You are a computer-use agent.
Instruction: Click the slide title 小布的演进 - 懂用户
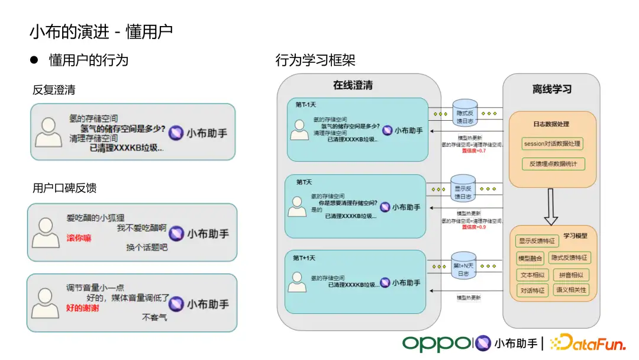click(x=101, y=31)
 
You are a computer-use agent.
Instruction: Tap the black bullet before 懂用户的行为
click(x=34, y=60)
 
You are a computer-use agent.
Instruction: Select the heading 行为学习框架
click(x=315, y=60)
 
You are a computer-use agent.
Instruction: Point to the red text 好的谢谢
click(x=82, y=308)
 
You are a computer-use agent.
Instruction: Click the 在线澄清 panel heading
click(x=353, y=85)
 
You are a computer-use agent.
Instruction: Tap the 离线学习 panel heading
click(x=551, y=89)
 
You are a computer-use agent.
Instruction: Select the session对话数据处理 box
click(x=553, y=143)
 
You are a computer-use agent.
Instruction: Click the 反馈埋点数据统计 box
click(x=553, y=163)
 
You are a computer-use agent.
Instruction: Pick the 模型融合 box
click(x=530, y=258)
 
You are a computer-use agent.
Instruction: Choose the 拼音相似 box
click(x=571, y=275)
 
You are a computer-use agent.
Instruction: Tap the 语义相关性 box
click(x=571, y=290)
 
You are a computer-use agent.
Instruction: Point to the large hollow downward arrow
click(x=551, y=208)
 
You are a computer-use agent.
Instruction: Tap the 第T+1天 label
click(x=304, y=258)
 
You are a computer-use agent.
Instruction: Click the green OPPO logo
click(x=437, y=343)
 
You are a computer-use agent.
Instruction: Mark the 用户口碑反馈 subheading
click(x=64, y=188)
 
